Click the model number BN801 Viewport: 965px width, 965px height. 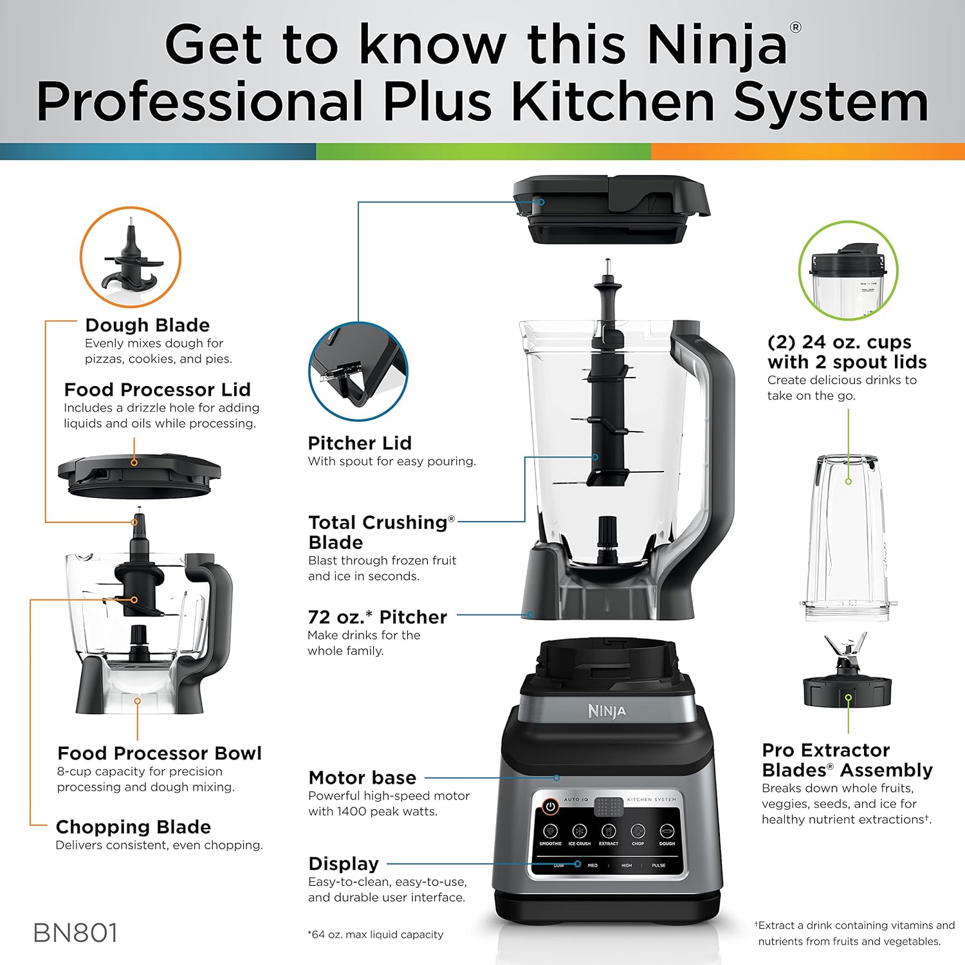(x=75, y=933)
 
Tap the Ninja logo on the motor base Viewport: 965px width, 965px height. (x=606, y=711)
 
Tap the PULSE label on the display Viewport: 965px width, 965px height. (x=658, y=865)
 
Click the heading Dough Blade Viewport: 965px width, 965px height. (x=147, y=325)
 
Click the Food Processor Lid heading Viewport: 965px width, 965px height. (x=157, y=389)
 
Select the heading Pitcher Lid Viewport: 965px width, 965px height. (x=359, y=443)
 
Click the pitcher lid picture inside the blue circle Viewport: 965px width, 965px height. (x=358, y=372)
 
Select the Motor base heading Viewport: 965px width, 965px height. (x=362, y=777)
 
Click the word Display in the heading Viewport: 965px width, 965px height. (x=344, y=863)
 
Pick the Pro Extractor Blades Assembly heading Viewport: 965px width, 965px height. (x=847, y=760)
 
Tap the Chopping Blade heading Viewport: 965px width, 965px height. (x=133, y=827)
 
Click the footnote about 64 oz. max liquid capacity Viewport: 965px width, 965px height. (x=375, y=934)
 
